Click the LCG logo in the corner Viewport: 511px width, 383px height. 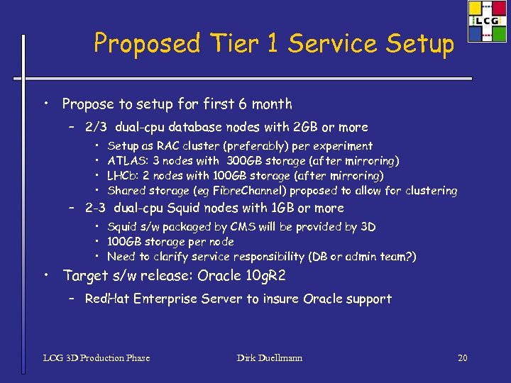coord(488,21)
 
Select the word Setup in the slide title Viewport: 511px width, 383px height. coord(419,44)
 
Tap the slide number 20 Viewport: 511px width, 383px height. coord(462,357)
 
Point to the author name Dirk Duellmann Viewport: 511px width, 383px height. coord(269,357)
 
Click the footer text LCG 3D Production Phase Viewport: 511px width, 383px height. coord(97,357)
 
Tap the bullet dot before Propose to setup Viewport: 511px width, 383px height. coord(45,104)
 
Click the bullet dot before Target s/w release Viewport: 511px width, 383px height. coord(45,274)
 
